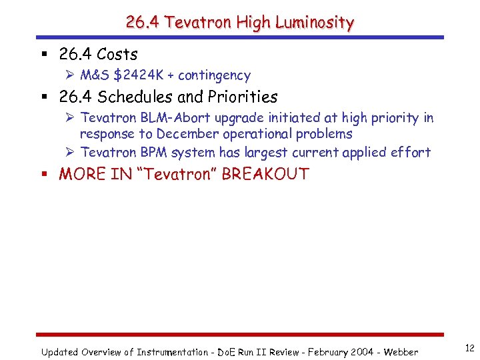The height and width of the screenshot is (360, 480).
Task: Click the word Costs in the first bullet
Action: point(117,54)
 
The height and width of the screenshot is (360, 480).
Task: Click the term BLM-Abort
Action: point(174,118)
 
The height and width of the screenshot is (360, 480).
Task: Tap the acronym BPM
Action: point(153,153)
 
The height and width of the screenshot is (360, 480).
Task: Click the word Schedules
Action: point(131,97)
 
